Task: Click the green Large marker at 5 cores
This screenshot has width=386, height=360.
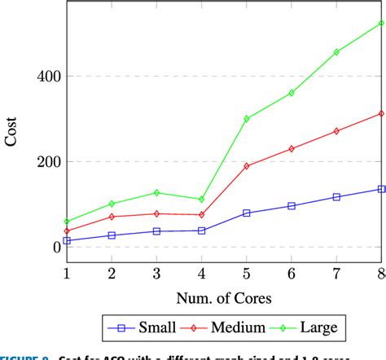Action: [x=247, y=118]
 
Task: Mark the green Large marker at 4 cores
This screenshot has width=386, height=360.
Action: [x=201, y=199]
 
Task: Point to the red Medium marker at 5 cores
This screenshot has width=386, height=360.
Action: [x=247, y=165]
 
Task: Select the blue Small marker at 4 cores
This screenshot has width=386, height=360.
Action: [x=201, y=230]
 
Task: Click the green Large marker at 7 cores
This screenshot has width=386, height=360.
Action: [x=336, y=52]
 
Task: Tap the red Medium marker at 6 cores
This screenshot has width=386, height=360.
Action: [x=292, y=148]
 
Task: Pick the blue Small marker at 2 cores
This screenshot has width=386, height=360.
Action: [x=112, y=235]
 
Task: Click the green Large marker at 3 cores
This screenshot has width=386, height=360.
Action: [x=156, y=192]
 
